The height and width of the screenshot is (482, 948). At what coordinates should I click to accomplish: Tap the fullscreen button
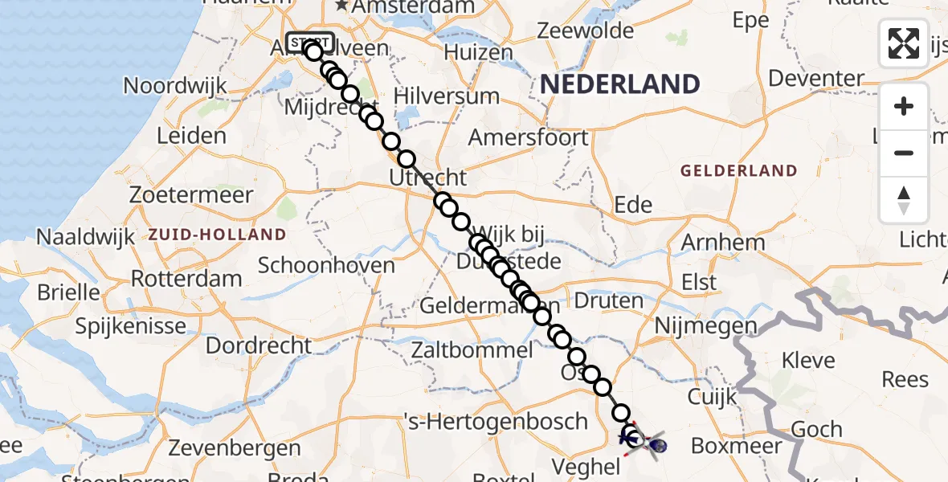point(904,43)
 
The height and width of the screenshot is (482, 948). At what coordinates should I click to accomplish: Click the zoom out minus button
point(904,153)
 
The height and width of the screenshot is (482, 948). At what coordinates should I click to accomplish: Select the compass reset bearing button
point(904,200)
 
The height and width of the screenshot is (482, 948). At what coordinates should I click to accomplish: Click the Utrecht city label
point(427,178)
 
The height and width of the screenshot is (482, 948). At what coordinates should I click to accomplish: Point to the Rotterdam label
point(186,280)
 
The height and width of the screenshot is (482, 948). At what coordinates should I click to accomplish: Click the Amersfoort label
point(528,137)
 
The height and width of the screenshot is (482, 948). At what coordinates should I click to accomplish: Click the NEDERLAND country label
point(619,84)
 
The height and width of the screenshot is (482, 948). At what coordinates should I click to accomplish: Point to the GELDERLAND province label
point(738,170)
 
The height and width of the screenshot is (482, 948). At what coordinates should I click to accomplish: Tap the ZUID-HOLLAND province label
point(217,235)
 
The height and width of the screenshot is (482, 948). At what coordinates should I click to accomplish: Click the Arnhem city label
point(722,242)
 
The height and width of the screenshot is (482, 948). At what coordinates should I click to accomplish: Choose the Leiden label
point(191,135)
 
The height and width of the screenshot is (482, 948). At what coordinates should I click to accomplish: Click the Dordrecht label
point(259,345)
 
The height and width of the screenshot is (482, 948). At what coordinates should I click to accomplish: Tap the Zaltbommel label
point(472,350)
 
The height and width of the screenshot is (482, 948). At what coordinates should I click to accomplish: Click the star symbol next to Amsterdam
point(342,6)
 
